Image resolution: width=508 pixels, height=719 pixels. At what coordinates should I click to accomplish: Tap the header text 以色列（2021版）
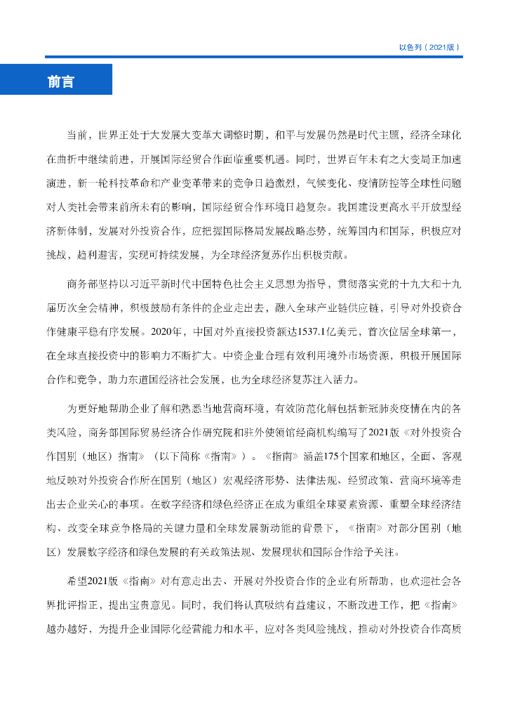(429, 48)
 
